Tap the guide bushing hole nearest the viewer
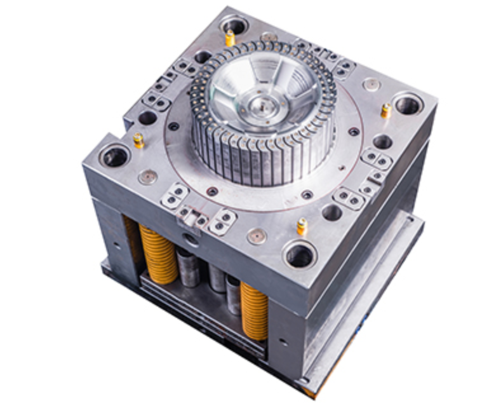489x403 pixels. click(x=299, y=256)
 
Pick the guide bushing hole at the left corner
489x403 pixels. click(x=115, y=156)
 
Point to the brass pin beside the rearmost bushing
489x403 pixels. click(x=230, y=39)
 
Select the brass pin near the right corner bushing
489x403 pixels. click(x=385, y=111)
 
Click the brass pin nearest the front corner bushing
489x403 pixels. click(x=302, y=226)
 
